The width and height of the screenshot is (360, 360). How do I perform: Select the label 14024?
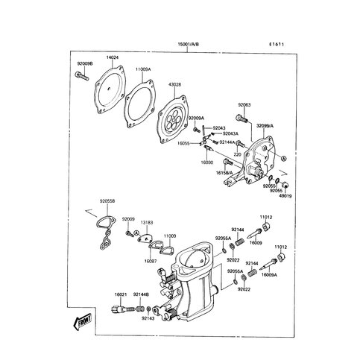coord(113,57)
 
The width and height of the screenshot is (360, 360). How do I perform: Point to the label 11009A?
coord(143,69)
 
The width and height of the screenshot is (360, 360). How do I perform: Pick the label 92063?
coord(245,106)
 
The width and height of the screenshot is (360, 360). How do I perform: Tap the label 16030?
coord(207,161)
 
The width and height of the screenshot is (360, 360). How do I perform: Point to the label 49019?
coord(285,196)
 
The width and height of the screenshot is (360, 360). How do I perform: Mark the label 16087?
coord(151,261)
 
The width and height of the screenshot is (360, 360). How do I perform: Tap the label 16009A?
coord(268,275)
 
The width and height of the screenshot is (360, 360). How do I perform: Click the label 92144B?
coord(141,294)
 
